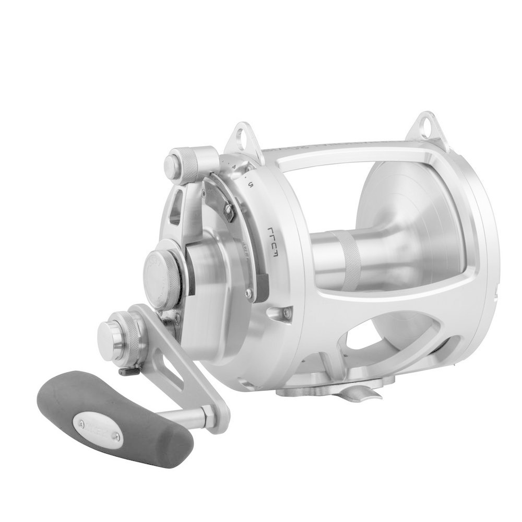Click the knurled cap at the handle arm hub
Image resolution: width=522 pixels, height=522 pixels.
tap(122, 334)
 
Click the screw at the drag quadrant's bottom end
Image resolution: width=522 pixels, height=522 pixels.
tap(249, 294)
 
